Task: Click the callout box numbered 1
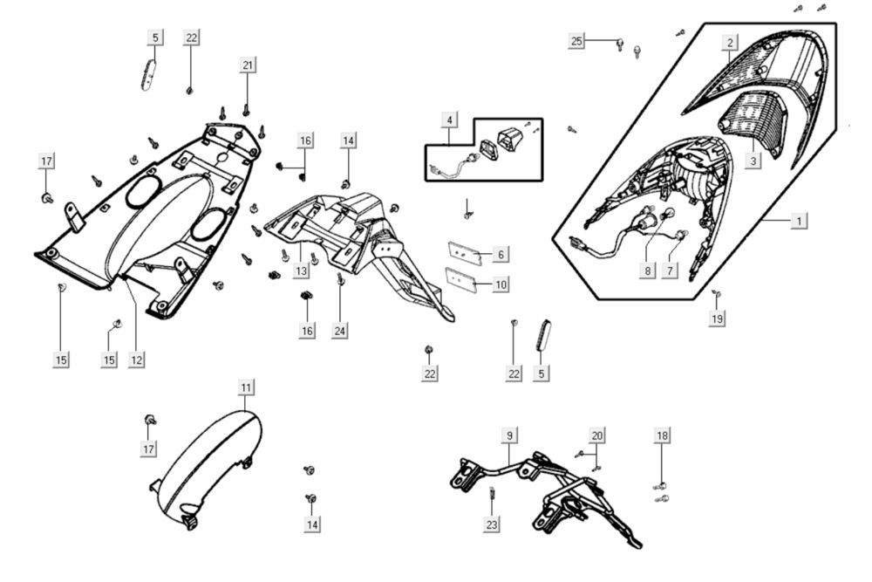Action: click(x=798, y=221)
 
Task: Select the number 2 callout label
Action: click(x=731, y=42)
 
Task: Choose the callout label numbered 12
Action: click(x=136, y=359)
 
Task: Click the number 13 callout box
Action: click(x=301, y=271)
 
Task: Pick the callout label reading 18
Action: click(x=662, y=435)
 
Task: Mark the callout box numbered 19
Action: click(x=717, y=319)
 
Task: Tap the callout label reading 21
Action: click(x=248, y=66)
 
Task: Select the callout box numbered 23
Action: click(x=492, y=524)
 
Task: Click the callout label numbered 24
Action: click(x=340, y=331)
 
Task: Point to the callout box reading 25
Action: click(x=576, y=41)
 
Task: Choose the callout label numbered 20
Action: click(x=596, y=435)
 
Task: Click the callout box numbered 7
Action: click(x=670, y=270)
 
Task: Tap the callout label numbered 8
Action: click(x=647, y=270)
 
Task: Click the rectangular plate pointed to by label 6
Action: click(x=465, y=250)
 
